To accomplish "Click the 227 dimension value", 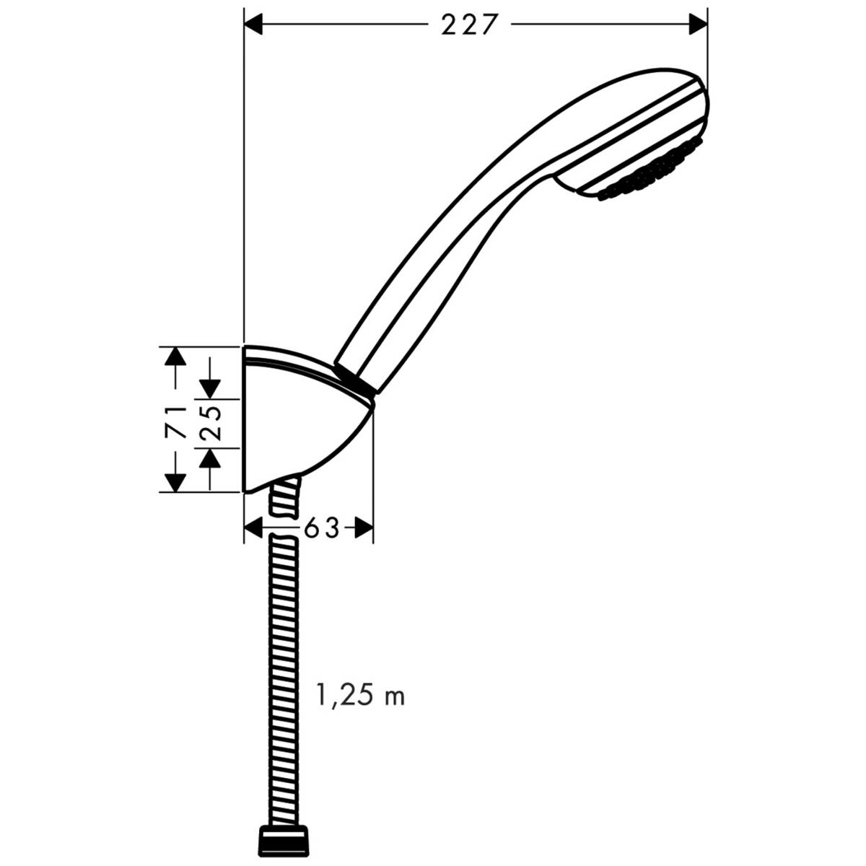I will [x=470, y=25].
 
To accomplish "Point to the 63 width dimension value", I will [x=321, y=529].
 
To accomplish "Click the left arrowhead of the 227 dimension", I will [x=254, y=25].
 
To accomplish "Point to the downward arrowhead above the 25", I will [x=210, y=388].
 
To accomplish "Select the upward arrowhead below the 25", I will [x=210, y=458].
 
